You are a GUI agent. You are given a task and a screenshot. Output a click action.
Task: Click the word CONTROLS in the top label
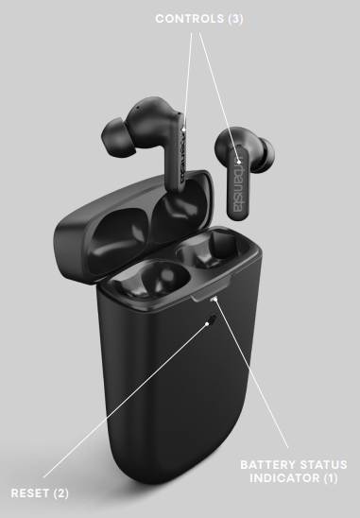(190, 19)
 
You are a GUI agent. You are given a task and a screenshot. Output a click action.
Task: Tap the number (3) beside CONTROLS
(235, 19)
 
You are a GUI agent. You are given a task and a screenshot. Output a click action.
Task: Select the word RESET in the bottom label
(30, 493)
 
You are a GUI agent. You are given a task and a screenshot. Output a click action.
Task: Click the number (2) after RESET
(60, 493)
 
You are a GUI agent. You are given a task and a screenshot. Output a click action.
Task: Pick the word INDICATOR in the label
(284, 477)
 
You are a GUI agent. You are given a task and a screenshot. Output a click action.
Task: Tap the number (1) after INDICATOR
(331, 477)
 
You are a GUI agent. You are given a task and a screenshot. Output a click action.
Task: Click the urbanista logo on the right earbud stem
(238, 184)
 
